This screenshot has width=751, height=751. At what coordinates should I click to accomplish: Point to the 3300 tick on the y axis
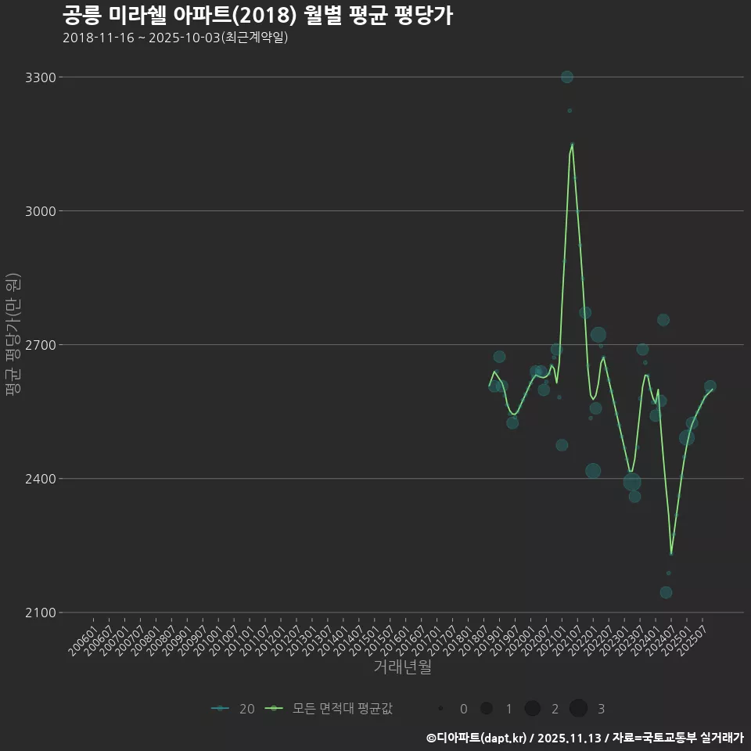pyautogui.click(x=41, y=77)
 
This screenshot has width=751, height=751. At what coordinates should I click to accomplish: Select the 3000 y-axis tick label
pyautogui.click(x=41, y=211)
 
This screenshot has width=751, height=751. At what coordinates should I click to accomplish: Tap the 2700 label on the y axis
pyautogui.click(x=41, y=345)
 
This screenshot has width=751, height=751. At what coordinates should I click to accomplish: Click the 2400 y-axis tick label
pyautogui.click(x=41, y=479)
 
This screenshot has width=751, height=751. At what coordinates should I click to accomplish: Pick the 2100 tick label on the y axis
pyautogui.click(x=41, y=613)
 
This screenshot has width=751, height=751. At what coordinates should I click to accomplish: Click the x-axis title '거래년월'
pyautogui.click(x=402, y=667)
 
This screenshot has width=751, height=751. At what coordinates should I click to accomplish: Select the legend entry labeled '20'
pyautogui.click(x=233, y=709)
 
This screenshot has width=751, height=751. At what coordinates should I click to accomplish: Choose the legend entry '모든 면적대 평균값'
pyautogui.click(x=329, y=709)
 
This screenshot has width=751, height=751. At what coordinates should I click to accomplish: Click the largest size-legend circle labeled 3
pyautogui.click(x=578, y=709)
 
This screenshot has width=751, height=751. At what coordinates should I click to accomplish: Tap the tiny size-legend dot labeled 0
pyautogui.click(x=440, y=709)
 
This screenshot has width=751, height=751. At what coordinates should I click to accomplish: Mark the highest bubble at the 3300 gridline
pyautogui.click(x=567, y=77)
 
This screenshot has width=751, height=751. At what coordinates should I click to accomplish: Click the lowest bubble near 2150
pyautogui.click(x=666, y=592)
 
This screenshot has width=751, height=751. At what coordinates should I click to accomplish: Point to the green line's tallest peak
pyautogui.click(x=572, y=145)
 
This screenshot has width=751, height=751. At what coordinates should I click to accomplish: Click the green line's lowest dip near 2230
pyautogui.click(x=671, y=554)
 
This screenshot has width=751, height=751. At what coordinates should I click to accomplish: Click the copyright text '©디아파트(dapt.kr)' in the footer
pyautogui.click(x=476, y=738)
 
